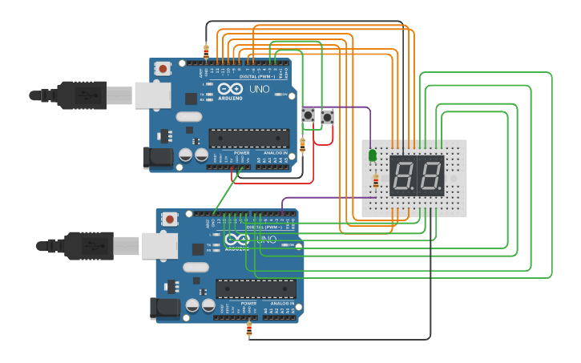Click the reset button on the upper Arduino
click(x=163, y=69)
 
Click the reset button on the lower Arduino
click(x=170, y=219)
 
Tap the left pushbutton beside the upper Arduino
click(x=308, y=117)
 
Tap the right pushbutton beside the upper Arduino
click(x=327, y=117)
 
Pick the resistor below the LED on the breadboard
click(x=376, y=184)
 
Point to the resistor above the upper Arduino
click(x=207, y=51)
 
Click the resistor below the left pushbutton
click(x=302, y=145)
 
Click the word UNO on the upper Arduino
click(x=260, y=89)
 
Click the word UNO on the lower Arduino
click(x=266, y=240)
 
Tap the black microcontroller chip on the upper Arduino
click(x=248, y=139)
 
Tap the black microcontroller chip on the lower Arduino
click(x=255, y=288)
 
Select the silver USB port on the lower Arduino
click(x=159, y=245)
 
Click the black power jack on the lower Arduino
click(x=163, y=308)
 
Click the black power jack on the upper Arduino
click(x=156, y=157)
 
